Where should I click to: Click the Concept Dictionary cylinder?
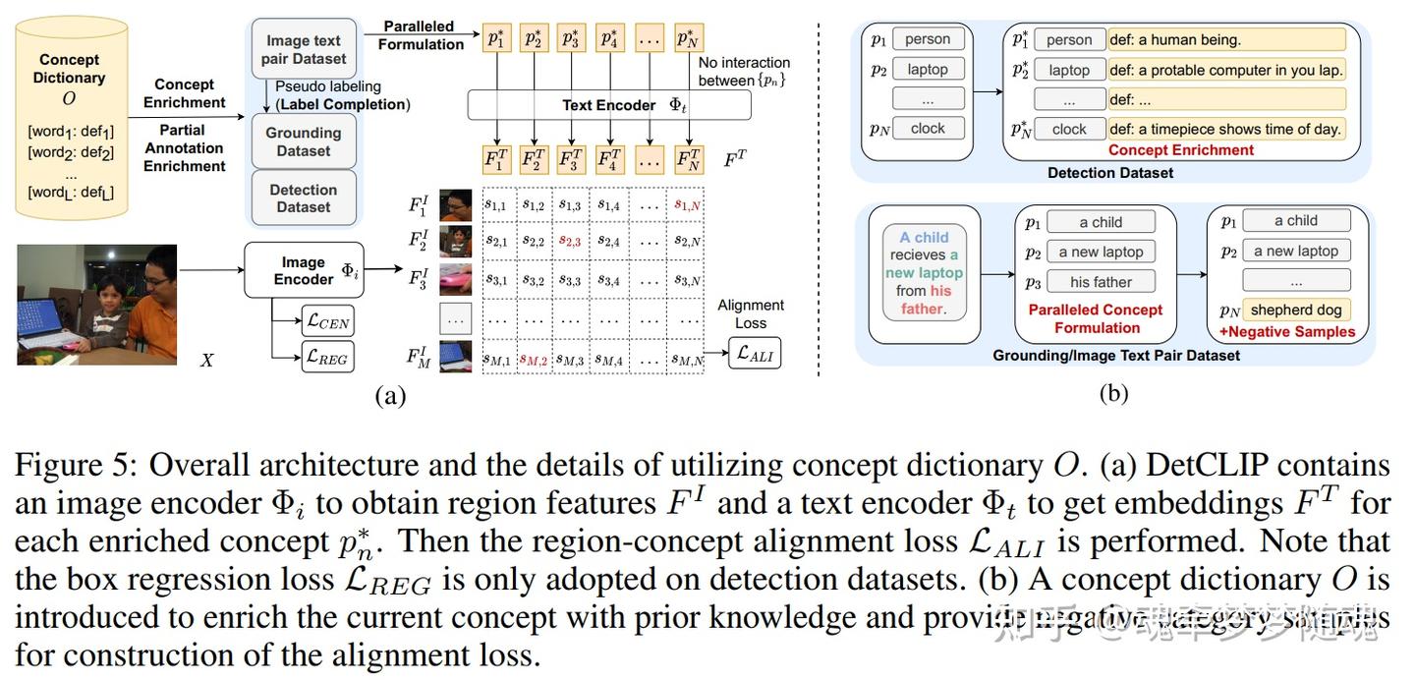[69, 118]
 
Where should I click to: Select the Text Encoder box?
[609, 104]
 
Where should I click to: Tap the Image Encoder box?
[304, 270]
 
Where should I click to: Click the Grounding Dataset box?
[303, 142]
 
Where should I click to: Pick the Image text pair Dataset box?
[303, 49]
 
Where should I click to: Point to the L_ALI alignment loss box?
[754, 353]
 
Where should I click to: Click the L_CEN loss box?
[326, 319]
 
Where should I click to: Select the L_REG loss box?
[326, 357]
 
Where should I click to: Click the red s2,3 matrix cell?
[571, 241]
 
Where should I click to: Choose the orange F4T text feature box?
[609, 159]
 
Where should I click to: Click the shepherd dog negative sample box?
[1296, 310]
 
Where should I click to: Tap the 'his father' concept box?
[1101, 282]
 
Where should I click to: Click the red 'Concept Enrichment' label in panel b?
[1181, 150]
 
